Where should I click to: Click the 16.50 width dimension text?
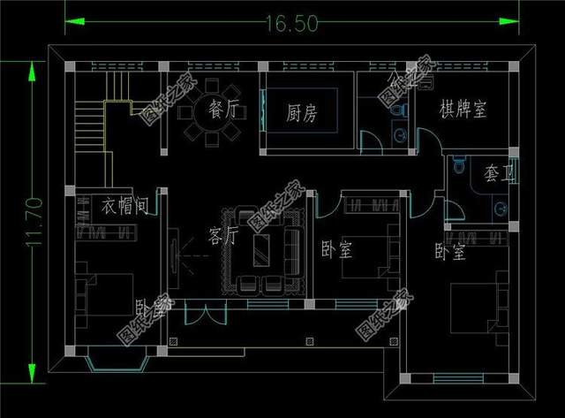[289, 24]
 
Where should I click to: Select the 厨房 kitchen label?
[302, 113]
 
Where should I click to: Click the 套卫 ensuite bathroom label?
[498, 174]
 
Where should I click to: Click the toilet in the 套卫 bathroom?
[457, 167]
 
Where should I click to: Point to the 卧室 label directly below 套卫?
[450, 253]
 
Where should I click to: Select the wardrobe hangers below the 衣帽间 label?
[105, 232]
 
